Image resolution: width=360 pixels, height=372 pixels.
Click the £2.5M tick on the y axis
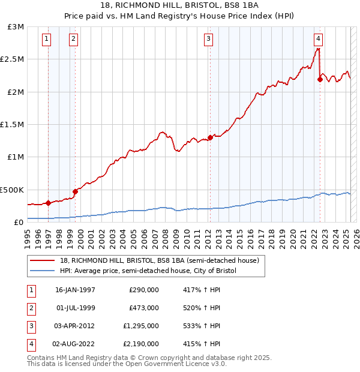pyautogui.click(x=13, y=59)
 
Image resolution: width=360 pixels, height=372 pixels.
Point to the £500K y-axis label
pyautogui.click(x=11, y=190)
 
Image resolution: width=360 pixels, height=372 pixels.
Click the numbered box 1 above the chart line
pyautogui.click(x=47, y=40)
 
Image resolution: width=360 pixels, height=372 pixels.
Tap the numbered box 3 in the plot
pyautogui.click(x=208, y=40)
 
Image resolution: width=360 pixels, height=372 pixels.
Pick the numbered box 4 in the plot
pyautogui.click(x=318, y=40)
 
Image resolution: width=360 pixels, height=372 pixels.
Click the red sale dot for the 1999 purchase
pyautogui.click(x=75, y=191)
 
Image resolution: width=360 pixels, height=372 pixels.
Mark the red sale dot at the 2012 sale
pyautogui.click(x=209, y=137)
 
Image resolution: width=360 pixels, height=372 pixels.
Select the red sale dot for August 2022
pyautogui.click(x=320, y=79)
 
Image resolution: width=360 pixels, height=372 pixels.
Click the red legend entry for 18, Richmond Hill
pyautogui.click(x=160, y=260)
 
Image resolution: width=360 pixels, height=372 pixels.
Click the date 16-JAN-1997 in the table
pyautogui.click(x=75, y=290)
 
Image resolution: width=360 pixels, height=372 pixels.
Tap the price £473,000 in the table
pyautogui.click(x=144, y=308)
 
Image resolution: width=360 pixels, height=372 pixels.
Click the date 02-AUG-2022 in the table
pyautogui.click(x=75, y=344)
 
